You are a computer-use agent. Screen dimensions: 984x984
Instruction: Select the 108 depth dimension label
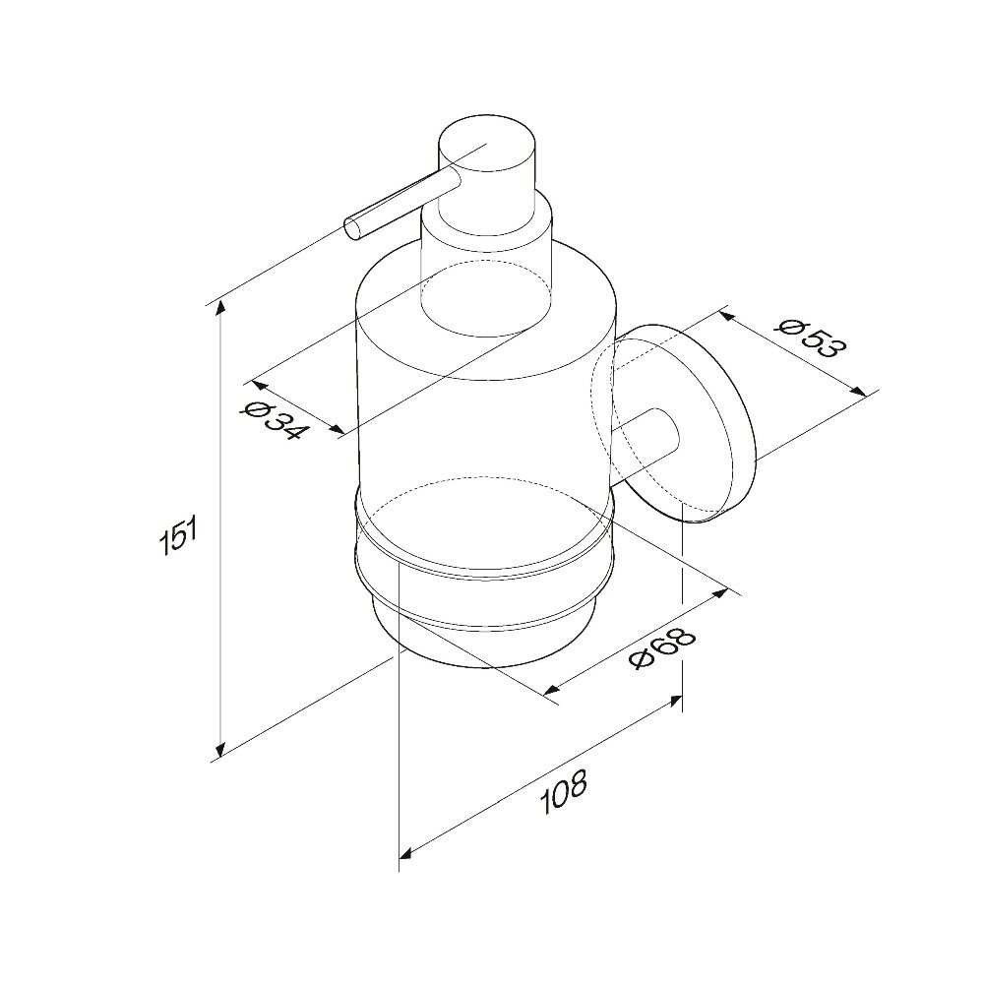click(564, 791)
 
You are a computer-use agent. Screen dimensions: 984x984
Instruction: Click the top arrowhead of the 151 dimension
click(220, 308)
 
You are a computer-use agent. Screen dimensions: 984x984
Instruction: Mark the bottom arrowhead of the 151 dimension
click(220, 749)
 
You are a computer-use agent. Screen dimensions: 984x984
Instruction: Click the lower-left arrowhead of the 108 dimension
click(406, 853)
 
